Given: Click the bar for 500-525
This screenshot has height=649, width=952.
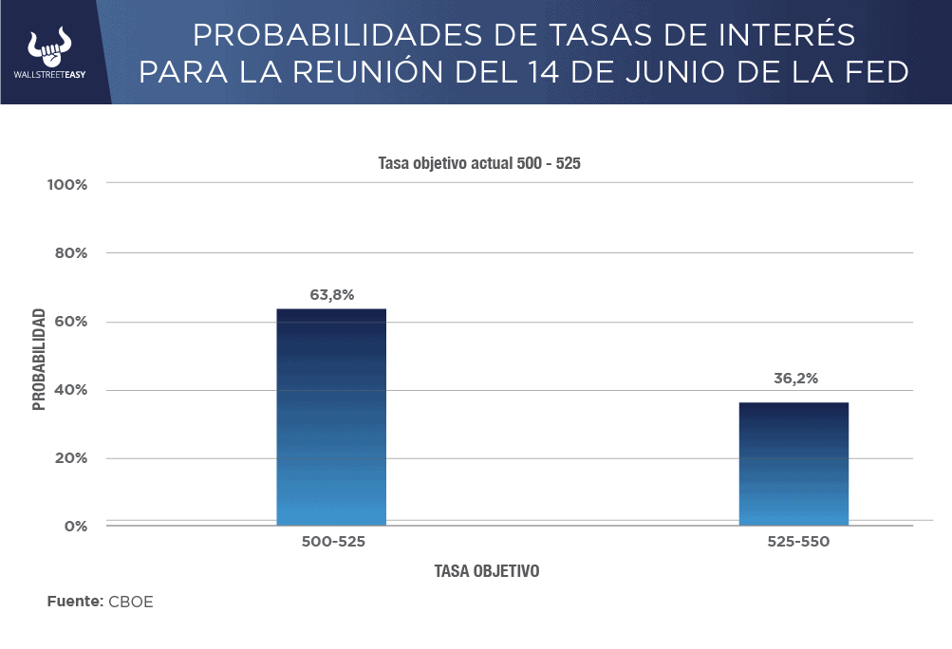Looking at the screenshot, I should pos(331,417).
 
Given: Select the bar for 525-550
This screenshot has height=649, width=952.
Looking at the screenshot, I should pos(793,464).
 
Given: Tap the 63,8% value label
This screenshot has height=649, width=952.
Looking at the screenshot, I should pos(331,295).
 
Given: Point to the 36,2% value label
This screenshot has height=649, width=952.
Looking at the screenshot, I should pos(794,379).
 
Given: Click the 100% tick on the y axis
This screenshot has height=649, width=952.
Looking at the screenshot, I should pos(67,184).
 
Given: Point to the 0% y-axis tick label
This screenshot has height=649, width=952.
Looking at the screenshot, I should pos(75,526).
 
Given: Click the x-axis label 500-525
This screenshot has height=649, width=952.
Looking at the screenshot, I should pos(333,543).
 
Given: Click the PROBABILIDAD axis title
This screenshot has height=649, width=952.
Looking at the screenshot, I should pos(39,359).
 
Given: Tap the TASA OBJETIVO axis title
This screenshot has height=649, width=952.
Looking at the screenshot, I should pos(487,572).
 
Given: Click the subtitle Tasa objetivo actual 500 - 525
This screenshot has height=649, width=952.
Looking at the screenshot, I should pos(479,163).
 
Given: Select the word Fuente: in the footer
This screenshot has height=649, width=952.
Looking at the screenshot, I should pos(74,602).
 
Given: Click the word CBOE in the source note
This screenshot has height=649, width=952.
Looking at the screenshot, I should pos(130,602).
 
